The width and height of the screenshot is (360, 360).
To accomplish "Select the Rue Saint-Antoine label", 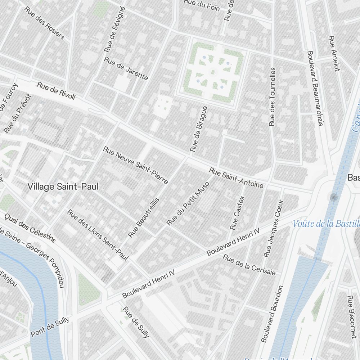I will pyautogui.click(x=237, y=178).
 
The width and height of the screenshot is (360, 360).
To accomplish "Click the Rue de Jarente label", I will pyautogui.click(x=126, y=68).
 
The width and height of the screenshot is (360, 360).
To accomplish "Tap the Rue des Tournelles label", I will pyautogui.click(x=273, y=97).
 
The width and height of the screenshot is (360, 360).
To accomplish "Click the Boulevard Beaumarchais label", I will pyautogui.click(x=314, y=88).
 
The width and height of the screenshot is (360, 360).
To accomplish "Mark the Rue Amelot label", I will pyautogui.click(x=334, y=53).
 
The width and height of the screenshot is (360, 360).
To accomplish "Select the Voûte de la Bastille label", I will pyautogui.click(x=326, y=224).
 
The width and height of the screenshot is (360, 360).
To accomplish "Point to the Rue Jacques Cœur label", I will pyautogui.click(x=274, y=228).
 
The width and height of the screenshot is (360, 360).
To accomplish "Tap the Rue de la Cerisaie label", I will pyautogui.click(x=249, y=265).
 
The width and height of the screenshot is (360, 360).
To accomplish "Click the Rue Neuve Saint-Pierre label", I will pyautogui.click(x=135, y=165).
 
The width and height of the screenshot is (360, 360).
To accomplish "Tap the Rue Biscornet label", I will pyautogui.click(x=352, y=317).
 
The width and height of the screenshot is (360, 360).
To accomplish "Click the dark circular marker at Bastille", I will pyautogui.click(x=333, y=197).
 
